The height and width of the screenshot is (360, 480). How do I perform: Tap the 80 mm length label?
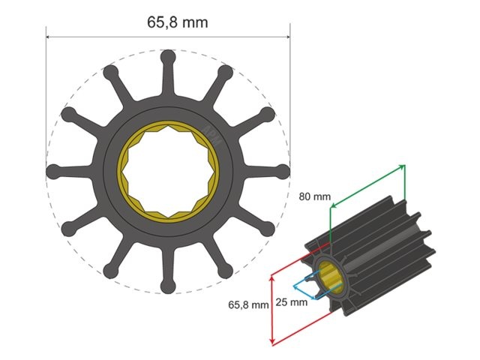coord(313,196)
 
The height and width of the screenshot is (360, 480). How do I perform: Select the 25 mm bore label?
coord(292,302)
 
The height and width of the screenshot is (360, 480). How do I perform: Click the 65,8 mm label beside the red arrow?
coord(248,305)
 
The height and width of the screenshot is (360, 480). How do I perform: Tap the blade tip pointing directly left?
coord(53,171)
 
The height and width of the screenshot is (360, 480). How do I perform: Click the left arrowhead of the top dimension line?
coord(49,36)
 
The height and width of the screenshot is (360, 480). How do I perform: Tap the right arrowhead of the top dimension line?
coord(287,36)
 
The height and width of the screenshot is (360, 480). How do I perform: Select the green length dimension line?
coord(367,187)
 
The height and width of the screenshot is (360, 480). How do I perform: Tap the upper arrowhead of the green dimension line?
coord(403,166)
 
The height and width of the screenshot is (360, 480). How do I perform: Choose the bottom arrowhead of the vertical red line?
coord(271,343)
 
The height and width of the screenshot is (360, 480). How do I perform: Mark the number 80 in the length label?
coord(306,196)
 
